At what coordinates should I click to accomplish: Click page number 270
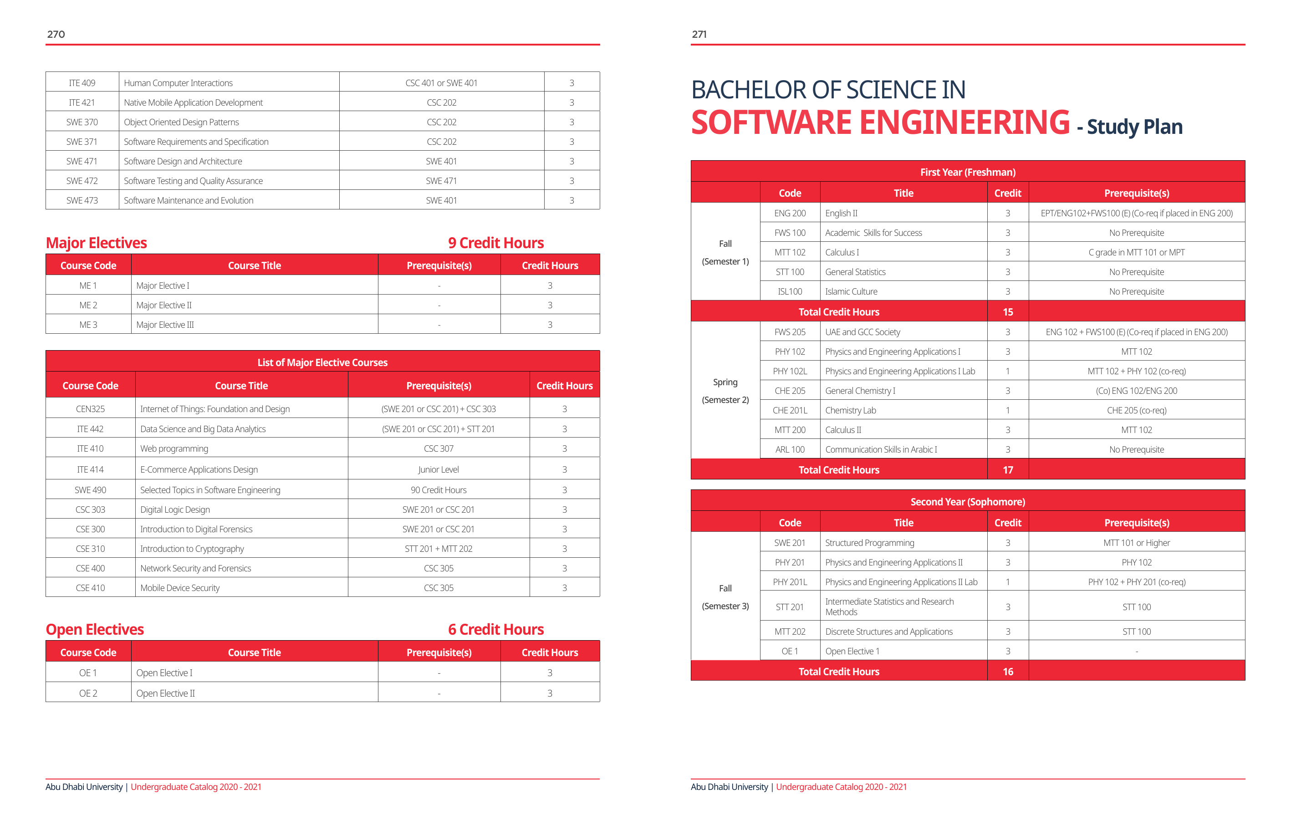coord(56,34)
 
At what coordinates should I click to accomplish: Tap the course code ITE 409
coord(82,83)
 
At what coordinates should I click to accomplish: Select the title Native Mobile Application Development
coord(193,102)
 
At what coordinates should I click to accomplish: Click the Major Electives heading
coord(97,243)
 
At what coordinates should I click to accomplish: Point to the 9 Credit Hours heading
coord(495,243)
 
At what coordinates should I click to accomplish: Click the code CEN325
coord(90,409)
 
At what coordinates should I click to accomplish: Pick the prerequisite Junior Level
coord(439,469)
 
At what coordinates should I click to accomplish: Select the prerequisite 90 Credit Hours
coord(439,490)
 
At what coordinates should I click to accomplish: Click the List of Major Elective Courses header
coord(322,362)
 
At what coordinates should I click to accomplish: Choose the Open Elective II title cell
coord(166,693)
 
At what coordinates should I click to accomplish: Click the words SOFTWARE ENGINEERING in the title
coord(880,123)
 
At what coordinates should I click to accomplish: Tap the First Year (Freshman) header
coord(968,172)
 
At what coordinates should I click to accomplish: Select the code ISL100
coord(790,291)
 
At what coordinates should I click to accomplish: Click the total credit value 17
coord(1008,470)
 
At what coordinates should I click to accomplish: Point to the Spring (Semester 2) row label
coord(725,391)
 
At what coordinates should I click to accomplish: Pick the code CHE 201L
coord(790,411)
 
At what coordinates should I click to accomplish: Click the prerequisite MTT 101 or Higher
coord(1137,543)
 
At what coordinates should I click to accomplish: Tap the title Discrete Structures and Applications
coord(889,631)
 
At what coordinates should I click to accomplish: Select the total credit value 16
coord(1008,672)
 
